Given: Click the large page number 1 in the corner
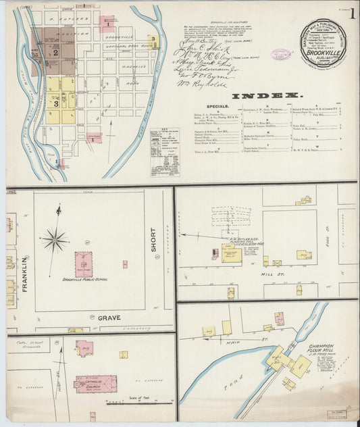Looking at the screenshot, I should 354,12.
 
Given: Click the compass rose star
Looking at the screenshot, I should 54,238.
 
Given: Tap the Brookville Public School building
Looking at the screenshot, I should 83,263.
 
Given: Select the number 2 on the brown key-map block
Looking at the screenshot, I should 55,51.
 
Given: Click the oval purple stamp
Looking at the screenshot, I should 280,54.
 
